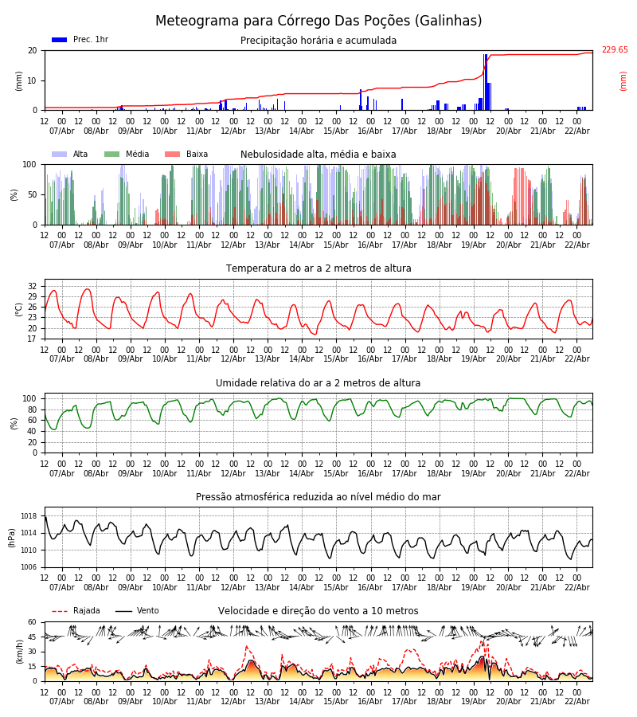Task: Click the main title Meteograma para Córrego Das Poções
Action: [318, 22]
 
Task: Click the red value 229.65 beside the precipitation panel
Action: [614, 50]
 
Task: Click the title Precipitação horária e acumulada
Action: [318, 41]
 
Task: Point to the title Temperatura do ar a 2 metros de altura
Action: [318, 268]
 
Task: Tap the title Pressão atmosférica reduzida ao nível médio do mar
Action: [318, 497]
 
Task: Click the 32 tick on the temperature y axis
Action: [33, 286]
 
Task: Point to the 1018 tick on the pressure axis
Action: [29, 516]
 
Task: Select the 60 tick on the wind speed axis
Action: [33, 622]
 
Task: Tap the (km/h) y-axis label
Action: [19, 652]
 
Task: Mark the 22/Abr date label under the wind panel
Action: [576, 701]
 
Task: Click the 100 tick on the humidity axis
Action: [29, 398]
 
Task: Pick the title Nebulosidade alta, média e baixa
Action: [318, 155]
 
